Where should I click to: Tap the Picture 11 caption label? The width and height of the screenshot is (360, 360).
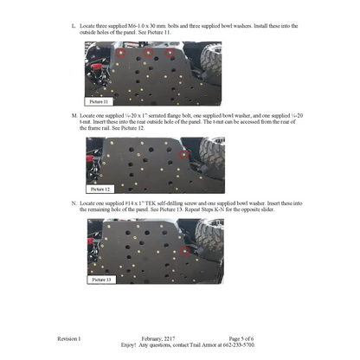(x=99, y=101)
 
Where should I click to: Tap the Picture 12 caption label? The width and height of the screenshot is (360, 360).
(x=100, y=188)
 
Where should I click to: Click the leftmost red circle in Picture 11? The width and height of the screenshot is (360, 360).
(x=121, y=54)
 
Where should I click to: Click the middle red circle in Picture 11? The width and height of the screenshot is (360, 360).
(x=148, y=53)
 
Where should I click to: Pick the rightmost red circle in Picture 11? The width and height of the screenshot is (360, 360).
(x=171, y=53)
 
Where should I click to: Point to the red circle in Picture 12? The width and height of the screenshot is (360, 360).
(x=183, y=156)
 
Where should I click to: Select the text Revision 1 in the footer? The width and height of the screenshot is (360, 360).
(x=68, y=337)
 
